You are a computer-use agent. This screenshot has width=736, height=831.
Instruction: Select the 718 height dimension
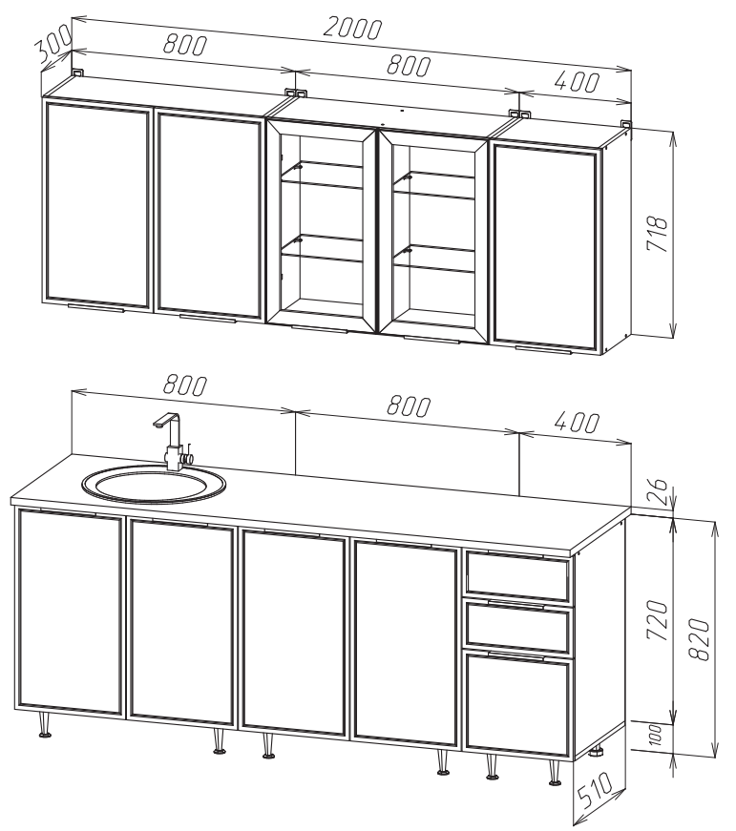[657, 234]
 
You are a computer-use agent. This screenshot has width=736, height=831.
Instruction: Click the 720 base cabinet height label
[657, 619]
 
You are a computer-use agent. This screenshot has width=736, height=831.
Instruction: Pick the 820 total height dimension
[699, 639]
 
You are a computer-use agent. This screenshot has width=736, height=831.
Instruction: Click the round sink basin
[154, 484]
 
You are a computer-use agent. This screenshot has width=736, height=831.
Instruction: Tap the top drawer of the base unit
[518, 576]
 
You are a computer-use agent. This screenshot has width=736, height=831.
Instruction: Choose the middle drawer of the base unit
[518, 627]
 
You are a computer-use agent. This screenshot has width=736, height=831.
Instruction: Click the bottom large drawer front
[518, 705]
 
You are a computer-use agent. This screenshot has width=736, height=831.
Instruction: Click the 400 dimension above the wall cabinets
[577, 82]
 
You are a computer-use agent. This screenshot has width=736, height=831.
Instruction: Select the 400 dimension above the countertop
[577, 423]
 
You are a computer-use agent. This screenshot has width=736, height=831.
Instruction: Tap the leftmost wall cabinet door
[96, 206]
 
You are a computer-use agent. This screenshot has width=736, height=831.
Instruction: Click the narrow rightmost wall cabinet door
[546, 247]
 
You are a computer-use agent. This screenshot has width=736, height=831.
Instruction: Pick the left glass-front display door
[322, 225]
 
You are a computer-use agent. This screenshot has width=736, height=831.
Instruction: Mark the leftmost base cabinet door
[71, 613]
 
